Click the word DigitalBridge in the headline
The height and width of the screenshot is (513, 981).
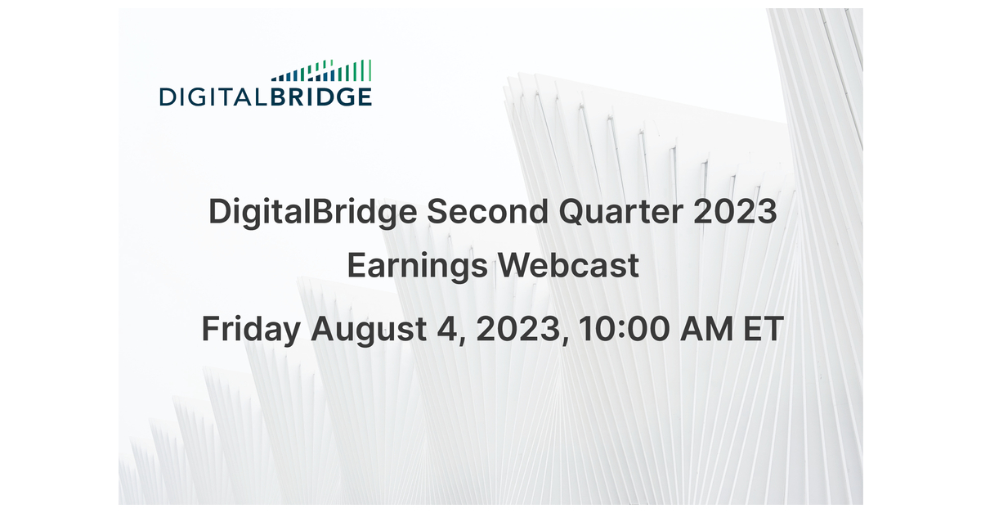click(312, 213)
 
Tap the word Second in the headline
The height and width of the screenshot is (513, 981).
click(487, 211)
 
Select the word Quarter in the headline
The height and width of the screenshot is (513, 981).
click(621, 212)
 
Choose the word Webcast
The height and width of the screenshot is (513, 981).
click(568, 265)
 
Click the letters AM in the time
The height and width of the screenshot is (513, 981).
click(706, 329)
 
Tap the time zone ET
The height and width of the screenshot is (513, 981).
click(764, 329)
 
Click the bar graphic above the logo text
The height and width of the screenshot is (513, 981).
click(321, 70)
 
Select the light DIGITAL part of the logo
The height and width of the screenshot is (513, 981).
click(213, 97)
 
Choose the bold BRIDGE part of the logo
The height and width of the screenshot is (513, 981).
click(321, 97)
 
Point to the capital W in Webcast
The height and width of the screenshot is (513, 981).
click(518, 266)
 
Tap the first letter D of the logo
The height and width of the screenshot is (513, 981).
click(168, 97)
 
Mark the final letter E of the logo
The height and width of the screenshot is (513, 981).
click(365, 97)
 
